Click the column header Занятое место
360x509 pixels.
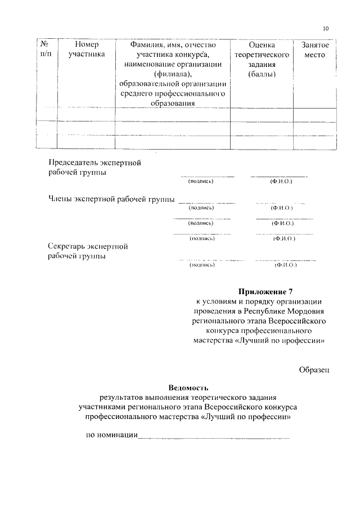(x=314, y=49)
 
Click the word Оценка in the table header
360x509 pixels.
(x=261, y=44)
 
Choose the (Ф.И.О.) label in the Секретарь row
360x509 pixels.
(x=285, y=264)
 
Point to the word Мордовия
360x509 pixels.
(x=305, y=311)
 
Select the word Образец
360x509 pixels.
(x=313, y=369)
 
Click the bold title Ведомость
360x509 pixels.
(x=188, y=388)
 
